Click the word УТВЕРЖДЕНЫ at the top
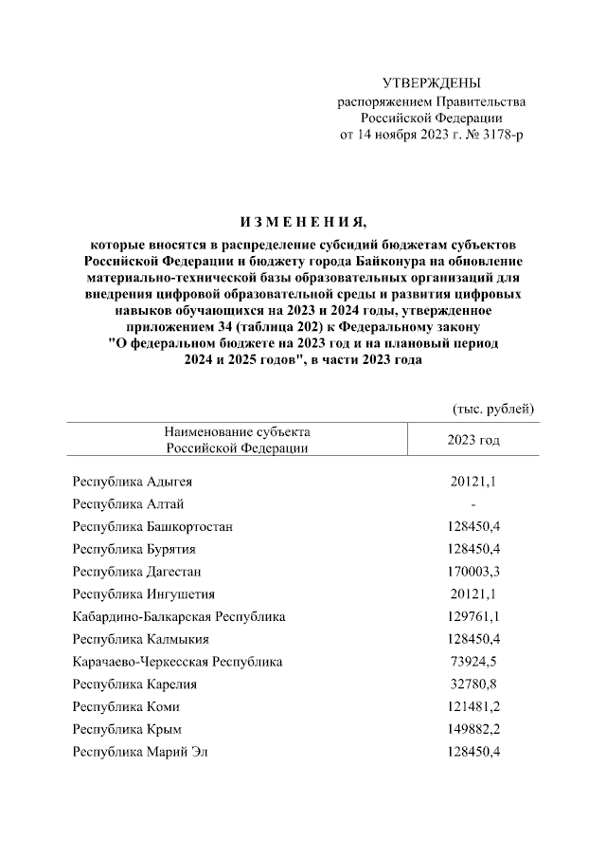coord(431,83)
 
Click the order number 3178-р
coord(498,135)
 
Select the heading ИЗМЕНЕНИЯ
coord(303,223)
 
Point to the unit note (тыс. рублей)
coord(494,409)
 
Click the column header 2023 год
coord(473,441)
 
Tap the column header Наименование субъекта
coord(237,432)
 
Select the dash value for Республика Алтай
coord(473,504)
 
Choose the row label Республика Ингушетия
coord(144,594)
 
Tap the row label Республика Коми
coord(126,707)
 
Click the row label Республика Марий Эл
coord(140,752)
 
